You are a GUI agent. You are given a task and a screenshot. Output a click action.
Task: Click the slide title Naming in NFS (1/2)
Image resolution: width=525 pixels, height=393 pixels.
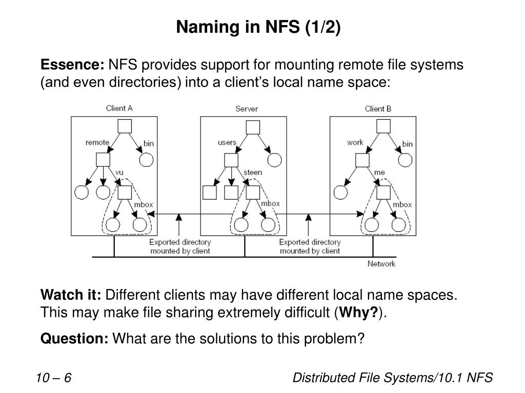click(258, 28)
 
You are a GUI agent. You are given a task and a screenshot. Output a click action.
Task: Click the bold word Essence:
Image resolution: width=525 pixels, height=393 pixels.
click(72, 65)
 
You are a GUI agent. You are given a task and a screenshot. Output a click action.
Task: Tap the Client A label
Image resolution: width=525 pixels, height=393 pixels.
click(119, 108)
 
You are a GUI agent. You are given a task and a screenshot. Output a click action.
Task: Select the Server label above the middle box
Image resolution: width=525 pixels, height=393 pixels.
click(247, 108)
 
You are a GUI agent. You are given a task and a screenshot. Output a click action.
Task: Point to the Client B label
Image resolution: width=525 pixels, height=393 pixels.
click(378, 108)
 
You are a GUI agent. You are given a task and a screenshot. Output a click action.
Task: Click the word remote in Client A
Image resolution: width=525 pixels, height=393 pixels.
click(97, 143)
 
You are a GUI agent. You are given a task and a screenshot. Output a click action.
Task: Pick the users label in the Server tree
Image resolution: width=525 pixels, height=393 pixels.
click(227, 143)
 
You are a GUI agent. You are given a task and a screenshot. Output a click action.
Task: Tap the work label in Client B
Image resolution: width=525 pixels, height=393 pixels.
click(355, 143)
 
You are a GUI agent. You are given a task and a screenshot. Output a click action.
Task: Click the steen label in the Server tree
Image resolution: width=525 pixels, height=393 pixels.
click(253, 172)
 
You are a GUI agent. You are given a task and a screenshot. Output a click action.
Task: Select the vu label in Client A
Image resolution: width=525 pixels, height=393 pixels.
click(120, 172)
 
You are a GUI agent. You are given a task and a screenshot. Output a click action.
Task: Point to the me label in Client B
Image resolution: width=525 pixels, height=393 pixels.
click(379, 172)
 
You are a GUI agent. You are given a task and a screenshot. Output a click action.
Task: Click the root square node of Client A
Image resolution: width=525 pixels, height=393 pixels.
click(125, 126)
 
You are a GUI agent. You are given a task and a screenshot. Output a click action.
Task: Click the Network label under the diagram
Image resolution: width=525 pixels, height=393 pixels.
click(381, 264)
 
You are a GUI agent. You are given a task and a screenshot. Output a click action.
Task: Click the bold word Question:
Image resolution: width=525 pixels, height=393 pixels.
click(74, 338)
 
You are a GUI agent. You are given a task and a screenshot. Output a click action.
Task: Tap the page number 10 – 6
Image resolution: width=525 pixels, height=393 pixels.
click(53, 378)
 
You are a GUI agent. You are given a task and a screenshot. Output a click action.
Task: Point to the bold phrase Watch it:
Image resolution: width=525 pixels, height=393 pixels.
click(71, 295)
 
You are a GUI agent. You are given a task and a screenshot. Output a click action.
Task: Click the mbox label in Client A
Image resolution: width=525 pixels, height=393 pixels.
click(144, 205)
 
